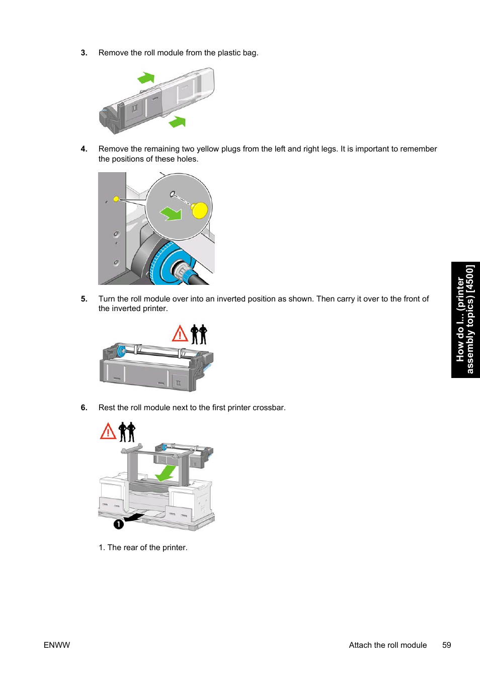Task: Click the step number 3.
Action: coord(84,53)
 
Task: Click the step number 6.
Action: coord(84,408)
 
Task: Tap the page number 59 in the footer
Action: coord(446,645)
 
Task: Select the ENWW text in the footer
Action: coord(57,645)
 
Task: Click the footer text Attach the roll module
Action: coord(387,645)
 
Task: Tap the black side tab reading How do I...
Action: coord(465,320)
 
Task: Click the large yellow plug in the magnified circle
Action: coord(200,210)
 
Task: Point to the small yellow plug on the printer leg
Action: coord(116,199)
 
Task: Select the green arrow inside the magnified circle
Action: coord(172,213)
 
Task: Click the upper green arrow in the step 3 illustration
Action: coord(146,78)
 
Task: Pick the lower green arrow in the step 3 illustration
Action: coord(177,122)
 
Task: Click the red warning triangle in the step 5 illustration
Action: coord(180,334)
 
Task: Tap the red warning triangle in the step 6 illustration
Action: coord(108,431)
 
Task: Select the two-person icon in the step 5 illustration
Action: coord(199,334)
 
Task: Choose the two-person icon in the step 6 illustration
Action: coord(127,432)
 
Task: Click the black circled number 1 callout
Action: coord(118,524)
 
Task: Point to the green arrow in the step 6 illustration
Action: coord(166,473)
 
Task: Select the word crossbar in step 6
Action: coord(268,408)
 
